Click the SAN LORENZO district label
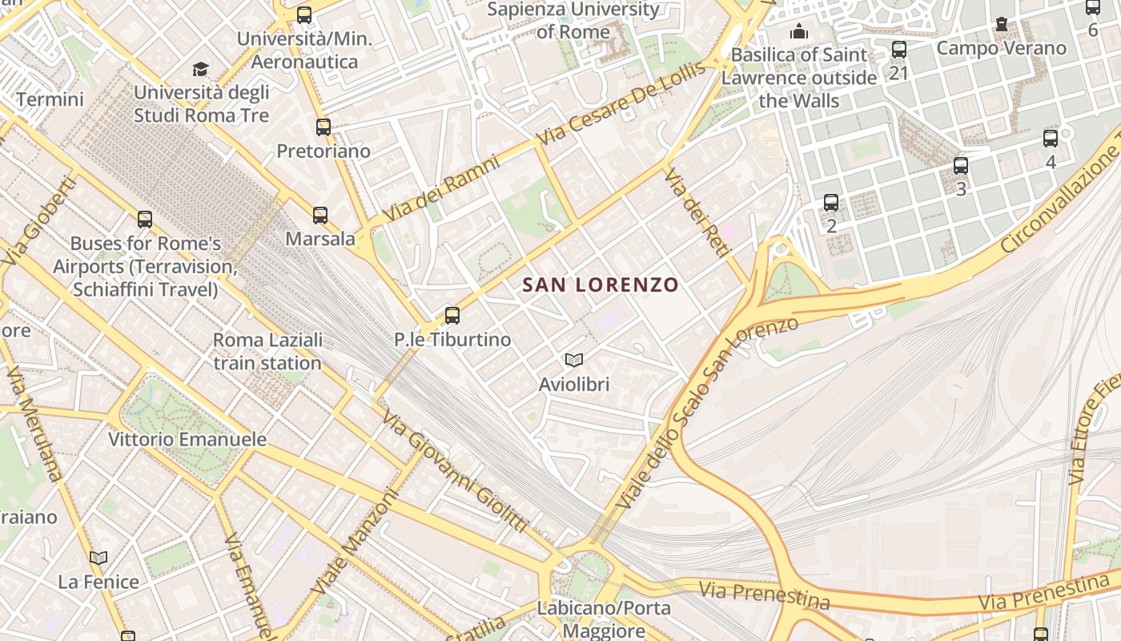tap(600, 284)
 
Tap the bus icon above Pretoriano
tap(323, 127)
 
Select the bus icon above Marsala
tap(320, 215)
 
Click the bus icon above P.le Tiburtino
tap(452, 315)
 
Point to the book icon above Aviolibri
tap(573, 360)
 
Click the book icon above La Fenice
tap(98, 558)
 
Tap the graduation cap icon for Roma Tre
tap(200, 69)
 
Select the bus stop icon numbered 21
tap(899, 50)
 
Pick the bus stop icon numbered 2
tap(831, 203)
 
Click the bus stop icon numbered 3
tap(961, 166)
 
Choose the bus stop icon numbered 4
tap(1051, 138)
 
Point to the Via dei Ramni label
tap(441, 188)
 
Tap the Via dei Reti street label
tap(697, 212)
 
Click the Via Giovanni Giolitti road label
tap(454, 471)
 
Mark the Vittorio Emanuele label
tap(187, 439)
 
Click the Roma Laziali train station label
tap(267, 351)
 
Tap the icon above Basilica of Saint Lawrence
tap(798, 32)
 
